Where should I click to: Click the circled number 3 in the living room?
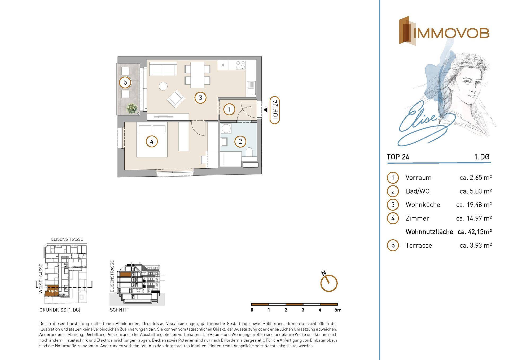(200, 98)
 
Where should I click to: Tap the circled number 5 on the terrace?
(125, 82)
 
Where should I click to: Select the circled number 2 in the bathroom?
(240, 142)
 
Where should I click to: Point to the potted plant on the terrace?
(132, 108)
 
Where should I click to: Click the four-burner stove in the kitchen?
(240, 65)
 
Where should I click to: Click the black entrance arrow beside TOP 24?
(265, 109)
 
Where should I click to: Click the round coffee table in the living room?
(163, 86)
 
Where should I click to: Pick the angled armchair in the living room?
(176, 99)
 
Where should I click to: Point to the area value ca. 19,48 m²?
(474, 205)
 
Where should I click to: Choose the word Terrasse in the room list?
(419, 245)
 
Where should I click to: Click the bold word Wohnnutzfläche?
(429, 232)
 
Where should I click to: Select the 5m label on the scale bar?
(338, 310)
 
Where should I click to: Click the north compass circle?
(329, 283)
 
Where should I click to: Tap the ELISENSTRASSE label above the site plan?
(67, 239)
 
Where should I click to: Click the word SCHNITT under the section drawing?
(120, 310)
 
